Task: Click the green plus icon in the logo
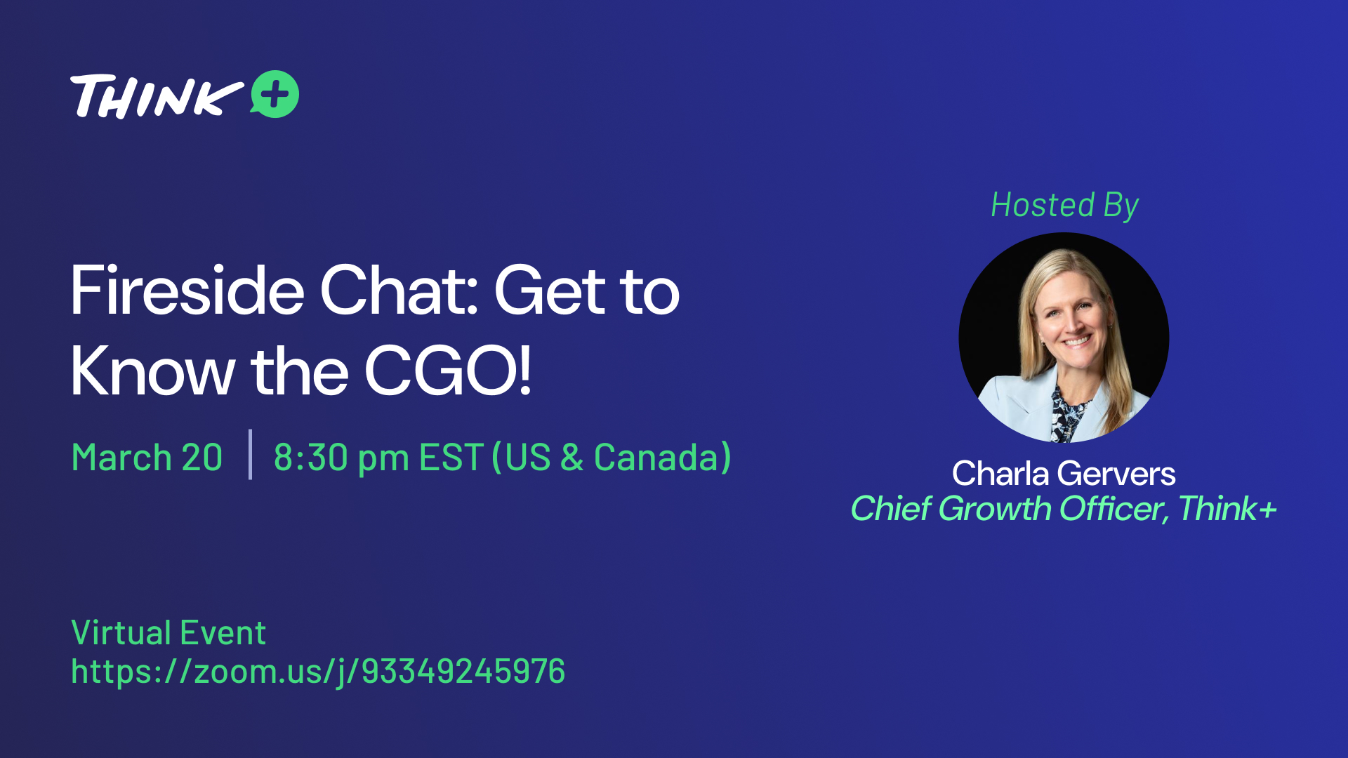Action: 275,94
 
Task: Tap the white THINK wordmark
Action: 157,96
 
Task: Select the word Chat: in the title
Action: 399,291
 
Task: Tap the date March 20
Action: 147,458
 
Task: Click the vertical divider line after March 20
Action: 250,454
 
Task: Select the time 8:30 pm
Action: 341,458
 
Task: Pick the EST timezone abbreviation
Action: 451,458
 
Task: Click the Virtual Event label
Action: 168,632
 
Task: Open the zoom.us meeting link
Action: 318,672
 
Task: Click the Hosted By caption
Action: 1064,206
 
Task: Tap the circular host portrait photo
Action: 1064,338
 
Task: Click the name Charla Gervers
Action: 1064,474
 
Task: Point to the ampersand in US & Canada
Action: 572,458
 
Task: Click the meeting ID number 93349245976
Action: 463,671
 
